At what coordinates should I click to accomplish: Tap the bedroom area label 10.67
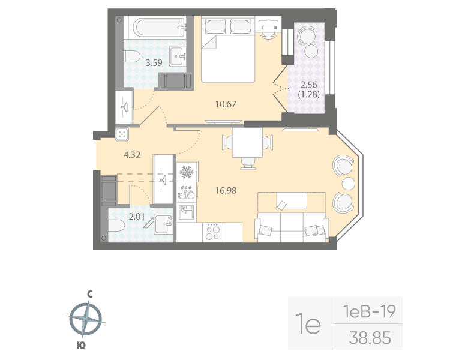[226, 104]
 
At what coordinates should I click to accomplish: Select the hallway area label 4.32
[133, 155]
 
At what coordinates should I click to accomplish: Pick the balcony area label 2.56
[308, 85]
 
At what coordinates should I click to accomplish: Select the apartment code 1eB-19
[368, 311]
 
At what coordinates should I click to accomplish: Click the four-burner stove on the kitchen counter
[213, 232]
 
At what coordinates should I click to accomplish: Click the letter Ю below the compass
[80, 345]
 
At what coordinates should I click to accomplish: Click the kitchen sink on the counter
[185, 211]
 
